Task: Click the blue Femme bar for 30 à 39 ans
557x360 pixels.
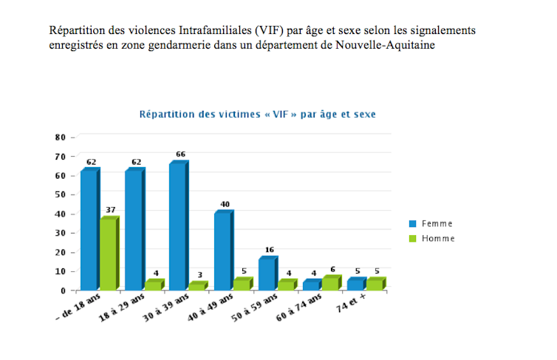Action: pos(177,225)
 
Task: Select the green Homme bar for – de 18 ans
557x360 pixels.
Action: pos(108,254)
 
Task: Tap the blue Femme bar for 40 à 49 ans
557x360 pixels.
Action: pos(222,251)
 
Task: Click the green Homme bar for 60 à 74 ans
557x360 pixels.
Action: pos(329,282)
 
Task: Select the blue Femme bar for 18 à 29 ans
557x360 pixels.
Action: pos(133,229)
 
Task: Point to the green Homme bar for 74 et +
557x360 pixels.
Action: pos(375,284)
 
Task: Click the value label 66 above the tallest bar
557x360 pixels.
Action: pos(180,154)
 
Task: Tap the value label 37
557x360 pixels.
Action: pos(111,210)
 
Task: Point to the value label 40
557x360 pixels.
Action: pos(225,204)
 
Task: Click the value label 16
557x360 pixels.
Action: pos(269,250)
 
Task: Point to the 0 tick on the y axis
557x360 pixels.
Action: pos(64,291)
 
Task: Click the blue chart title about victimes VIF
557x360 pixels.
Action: pos(258,115)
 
